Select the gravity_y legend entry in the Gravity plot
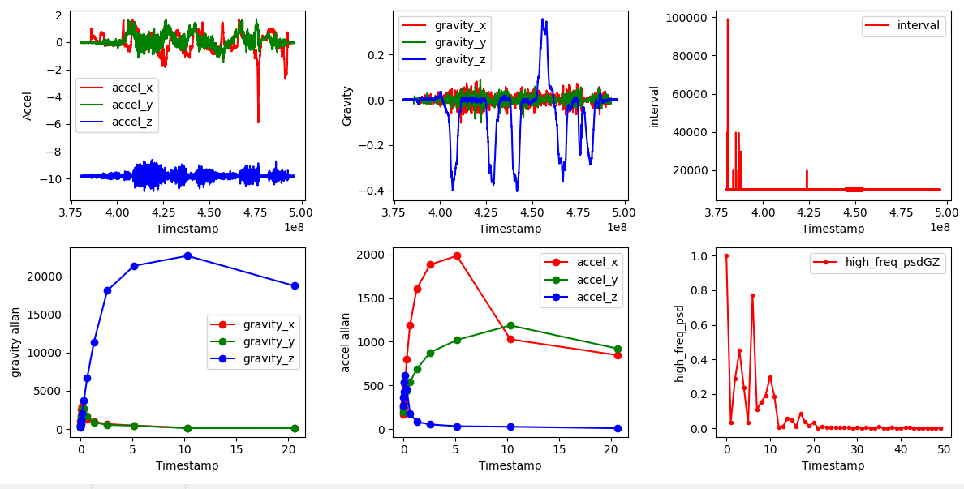459,42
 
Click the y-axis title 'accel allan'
346,342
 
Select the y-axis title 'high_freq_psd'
679,343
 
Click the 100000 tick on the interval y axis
687,17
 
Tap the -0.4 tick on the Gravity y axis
373,191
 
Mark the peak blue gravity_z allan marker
187,255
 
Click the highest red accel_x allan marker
457,255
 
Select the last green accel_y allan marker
618,349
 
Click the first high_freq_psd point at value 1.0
726,255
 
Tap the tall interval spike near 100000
727,19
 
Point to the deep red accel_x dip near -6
258,122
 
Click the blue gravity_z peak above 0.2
543,19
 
